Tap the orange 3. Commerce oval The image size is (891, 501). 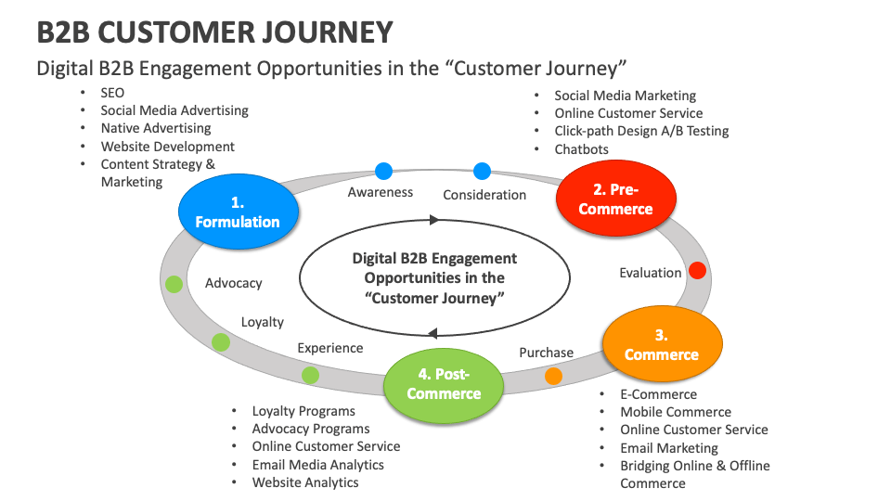661,345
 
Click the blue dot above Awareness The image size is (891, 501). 383,171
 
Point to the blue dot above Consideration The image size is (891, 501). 482,171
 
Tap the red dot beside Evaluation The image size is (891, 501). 697,271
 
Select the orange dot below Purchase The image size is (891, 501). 553,376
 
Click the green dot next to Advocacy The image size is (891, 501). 174,284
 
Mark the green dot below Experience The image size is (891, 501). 310,375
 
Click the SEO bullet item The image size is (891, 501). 112,93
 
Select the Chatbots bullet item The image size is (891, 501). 581,148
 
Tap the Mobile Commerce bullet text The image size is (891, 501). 676,412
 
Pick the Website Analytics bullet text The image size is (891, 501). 305,482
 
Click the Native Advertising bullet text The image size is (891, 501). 156,128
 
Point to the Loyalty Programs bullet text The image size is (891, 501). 303,411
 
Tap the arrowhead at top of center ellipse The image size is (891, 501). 433,220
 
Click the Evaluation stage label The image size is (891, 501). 651,273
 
